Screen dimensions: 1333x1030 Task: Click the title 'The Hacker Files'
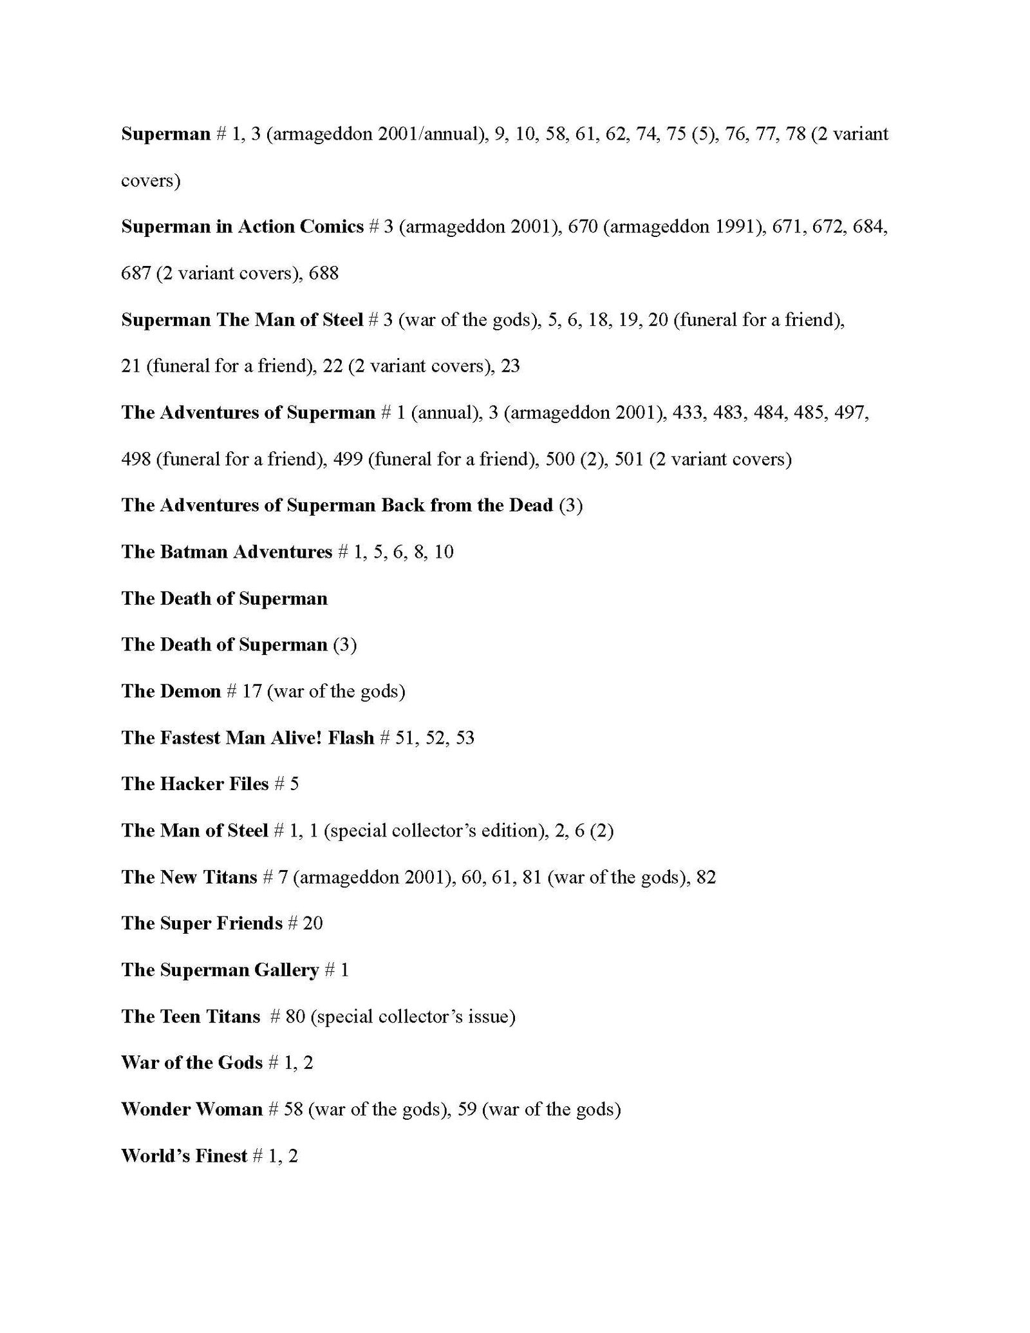(194, 784)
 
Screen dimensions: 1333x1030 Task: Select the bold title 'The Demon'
(171, 691)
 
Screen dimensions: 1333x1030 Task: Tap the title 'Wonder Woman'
(191, 1109)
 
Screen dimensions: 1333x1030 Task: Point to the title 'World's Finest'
(183, 1155)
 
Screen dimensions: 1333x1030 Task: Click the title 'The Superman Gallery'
(220, 970)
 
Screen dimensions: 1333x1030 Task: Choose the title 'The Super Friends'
(201, 923)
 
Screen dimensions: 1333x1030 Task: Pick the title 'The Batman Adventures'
(226, 552)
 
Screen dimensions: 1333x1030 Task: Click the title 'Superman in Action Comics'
(242, 227)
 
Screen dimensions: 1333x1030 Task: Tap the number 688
(324, 273)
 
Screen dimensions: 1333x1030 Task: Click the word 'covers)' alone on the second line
(151, 180)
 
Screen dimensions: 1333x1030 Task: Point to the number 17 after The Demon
(251, 691)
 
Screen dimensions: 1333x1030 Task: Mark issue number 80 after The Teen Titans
(295, 1016)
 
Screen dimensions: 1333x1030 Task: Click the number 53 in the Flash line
(465, 737)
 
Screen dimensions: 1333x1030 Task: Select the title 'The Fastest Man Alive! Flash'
(247, 737)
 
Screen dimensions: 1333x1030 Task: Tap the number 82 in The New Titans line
(706, 877)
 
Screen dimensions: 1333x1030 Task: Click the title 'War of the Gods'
(191, 1063)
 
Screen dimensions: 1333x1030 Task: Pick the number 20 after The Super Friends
(313, 923)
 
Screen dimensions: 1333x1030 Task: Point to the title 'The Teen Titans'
(190, 1016)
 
